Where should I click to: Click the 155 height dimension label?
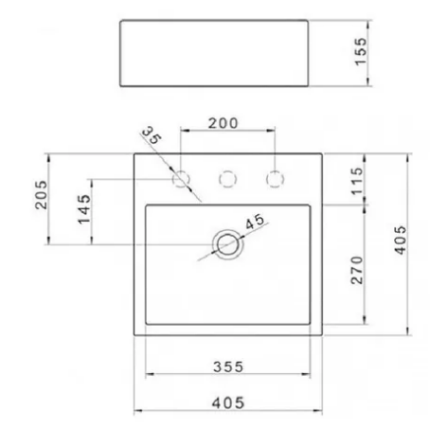(x=361, y=52)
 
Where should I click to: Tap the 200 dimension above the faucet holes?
(x=223, y=123)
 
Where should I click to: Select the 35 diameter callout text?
(x=152, y=135)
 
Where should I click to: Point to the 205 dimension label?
(x=41, y=194)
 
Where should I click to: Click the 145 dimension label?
(x=84, y=209)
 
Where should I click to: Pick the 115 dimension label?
(x=357, y=181)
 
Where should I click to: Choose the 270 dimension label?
(x=357, y=270)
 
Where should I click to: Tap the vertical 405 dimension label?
(x=401, y=240)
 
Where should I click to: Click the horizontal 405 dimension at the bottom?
(x=228, y=402)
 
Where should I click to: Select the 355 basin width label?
(x=228, y=366)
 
